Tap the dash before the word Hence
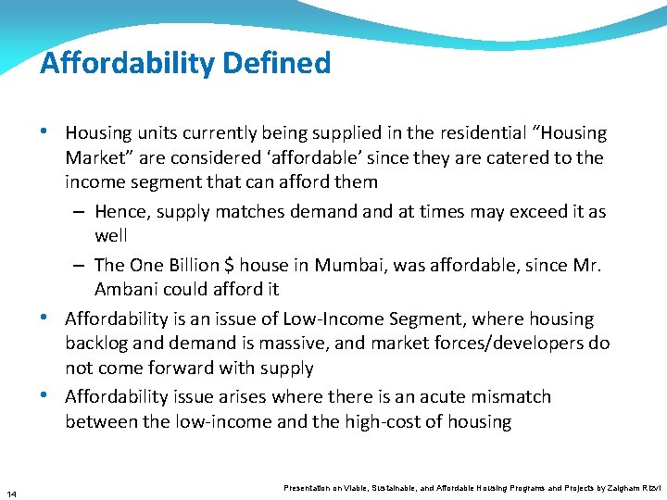pyautogui.click(x=81, y=212)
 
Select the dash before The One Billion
pyautogui.click(x=81, y=266)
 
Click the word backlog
pyautogui.click(x=99, y=344)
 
